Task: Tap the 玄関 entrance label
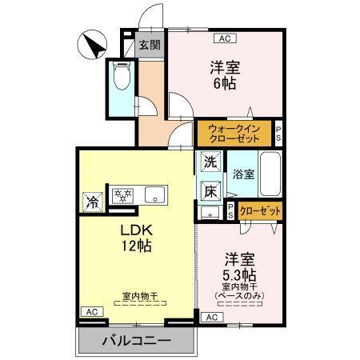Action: tap(148, 45)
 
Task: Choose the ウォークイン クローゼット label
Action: tap(234, 133)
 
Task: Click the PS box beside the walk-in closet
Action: tap(278, 133)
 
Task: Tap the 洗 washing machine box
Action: tap(210, 161)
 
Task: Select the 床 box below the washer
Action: tap(210, 190)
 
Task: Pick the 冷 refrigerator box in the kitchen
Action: tap(93, 200)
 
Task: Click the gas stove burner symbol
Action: tap(123, 194)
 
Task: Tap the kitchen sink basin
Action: tap(153, 194)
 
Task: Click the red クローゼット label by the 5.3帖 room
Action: tap(260, 211)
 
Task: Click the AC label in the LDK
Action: tap(90, 311)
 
